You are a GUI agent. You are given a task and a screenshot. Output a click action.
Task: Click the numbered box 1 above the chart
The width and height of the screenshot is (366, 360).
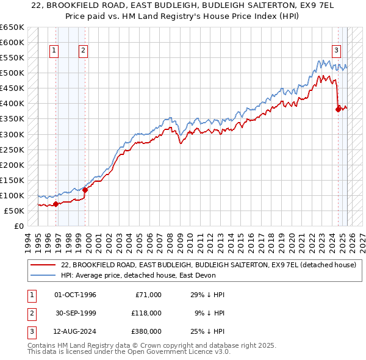coord(55,51)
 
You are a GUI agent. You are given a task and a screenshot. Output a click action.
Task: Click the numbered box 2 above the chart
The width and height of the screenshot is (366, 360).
coord(83,51)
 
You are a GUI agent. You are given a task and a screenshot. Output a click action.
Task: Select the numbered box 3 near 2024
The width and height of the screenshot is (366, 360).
coord(336,51)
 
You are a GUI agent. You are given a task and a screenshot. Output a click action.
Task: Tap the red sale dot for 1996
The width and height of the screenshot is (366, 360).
coord(56,204)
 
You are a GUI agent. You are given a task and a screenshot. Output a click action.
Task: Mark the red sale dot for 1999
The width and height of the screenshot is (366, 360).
coord(85,190)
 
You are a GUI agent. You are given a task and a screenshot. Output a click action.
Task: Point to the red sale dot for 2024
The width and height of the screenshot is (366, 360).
coord(338,110)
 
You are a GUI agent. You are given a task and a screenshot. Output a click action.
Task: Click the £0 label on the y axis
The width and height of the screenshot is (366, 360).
coord(18,226)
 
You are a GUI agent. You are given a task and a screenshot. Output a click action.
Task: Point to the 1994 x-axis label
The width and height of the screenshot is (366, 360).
coord(27,241)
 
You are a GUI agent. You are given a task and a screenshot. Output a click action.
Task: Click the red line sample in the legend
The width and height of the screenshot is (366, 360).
coord(43,265)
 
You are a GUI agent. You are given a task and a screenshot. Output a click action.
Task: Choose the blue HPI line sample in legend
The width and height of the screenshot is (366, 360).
coord(43,275)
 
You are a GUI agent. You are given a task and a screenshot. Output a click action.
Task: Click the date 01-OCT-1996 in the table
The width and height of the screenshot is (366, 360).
coord(75,295)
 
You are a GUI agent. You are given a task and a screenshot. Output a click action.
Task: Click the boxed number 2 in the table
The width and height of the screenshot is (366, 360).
coord(30,313)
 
